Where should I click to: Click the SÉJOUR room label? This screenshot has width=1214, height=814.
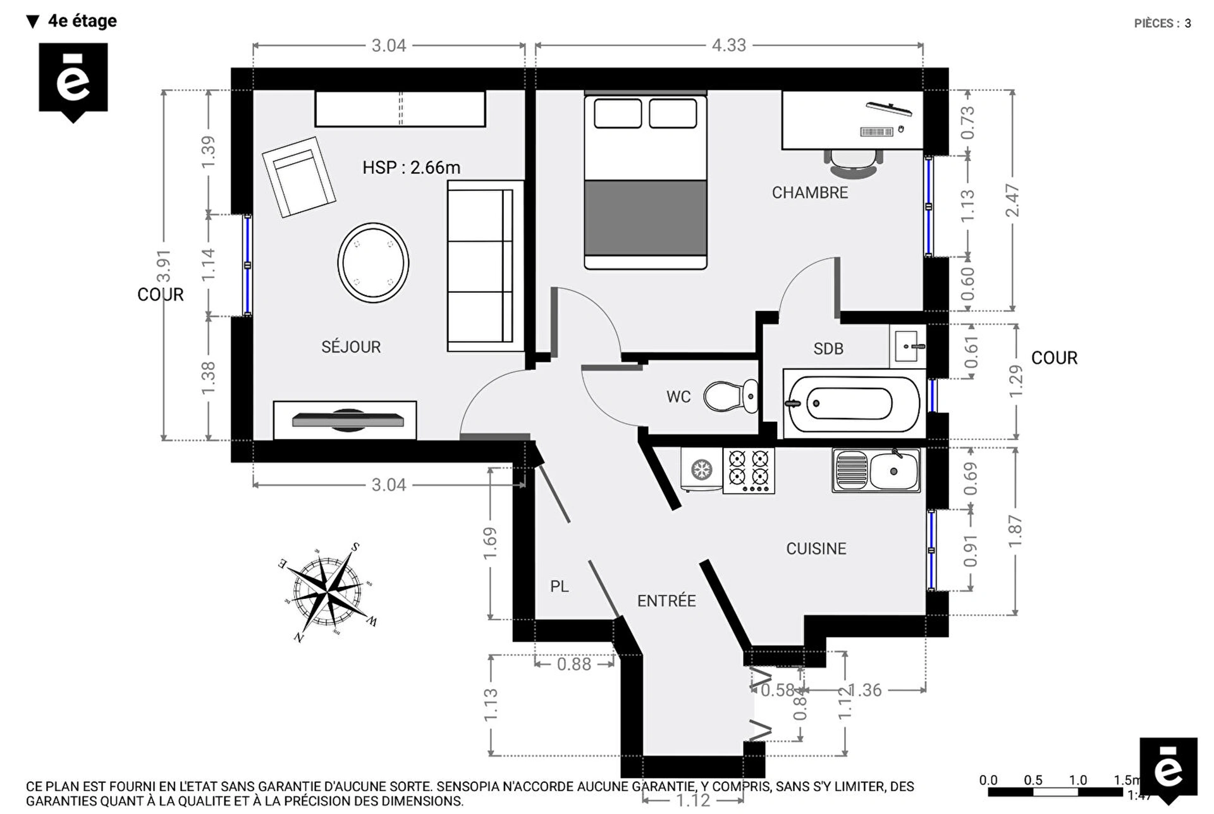(x=351, y=347)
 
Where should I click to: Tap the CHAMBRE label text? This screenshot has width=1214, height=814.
(x=809, y=192)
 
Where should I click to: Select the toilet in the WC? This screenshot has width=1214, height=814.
(x=729, y=396)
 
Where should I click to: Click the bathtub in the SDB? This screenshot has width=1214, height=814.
(x=851, y=404)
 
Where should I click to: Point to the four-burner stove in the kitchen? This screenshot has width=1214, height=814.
(x=749, y=471)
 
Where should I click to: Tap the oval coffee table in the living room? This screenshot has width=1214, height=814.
(x=373, y=262)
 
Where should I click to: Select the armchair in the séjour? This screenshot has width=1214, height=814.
(x=298, y=177)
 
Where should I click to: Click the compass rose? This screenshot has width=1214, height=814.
(x=328, y=591)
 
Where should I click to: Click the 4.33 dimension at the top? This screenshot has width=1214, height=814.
(x=728, y=46)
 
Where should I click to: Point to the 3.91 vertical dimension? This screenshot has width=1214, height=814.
(x=164, y=266)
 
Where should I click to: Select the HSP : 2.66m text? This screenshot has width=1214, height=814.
(x=411, y=168)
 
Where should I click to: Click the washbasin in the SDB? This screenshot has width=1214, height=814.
(x=907, y=346)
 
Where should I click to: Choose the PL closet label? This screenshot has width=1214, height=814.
(x=559, y=586)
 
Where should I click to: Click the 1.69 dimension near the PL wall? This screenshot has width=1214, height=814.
(x=490, y=543)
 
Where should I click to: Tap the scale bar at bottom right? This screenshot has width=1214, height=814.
(x=1056, y=792)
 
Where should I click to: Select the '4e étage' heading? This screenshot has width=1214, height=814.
(x=82, y=21)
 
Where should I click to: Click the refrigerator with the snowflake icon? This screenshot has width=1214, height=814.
(x=701, y=470)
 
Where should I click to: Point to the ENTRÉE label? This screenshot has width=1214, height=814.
(x=666, y=601)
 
